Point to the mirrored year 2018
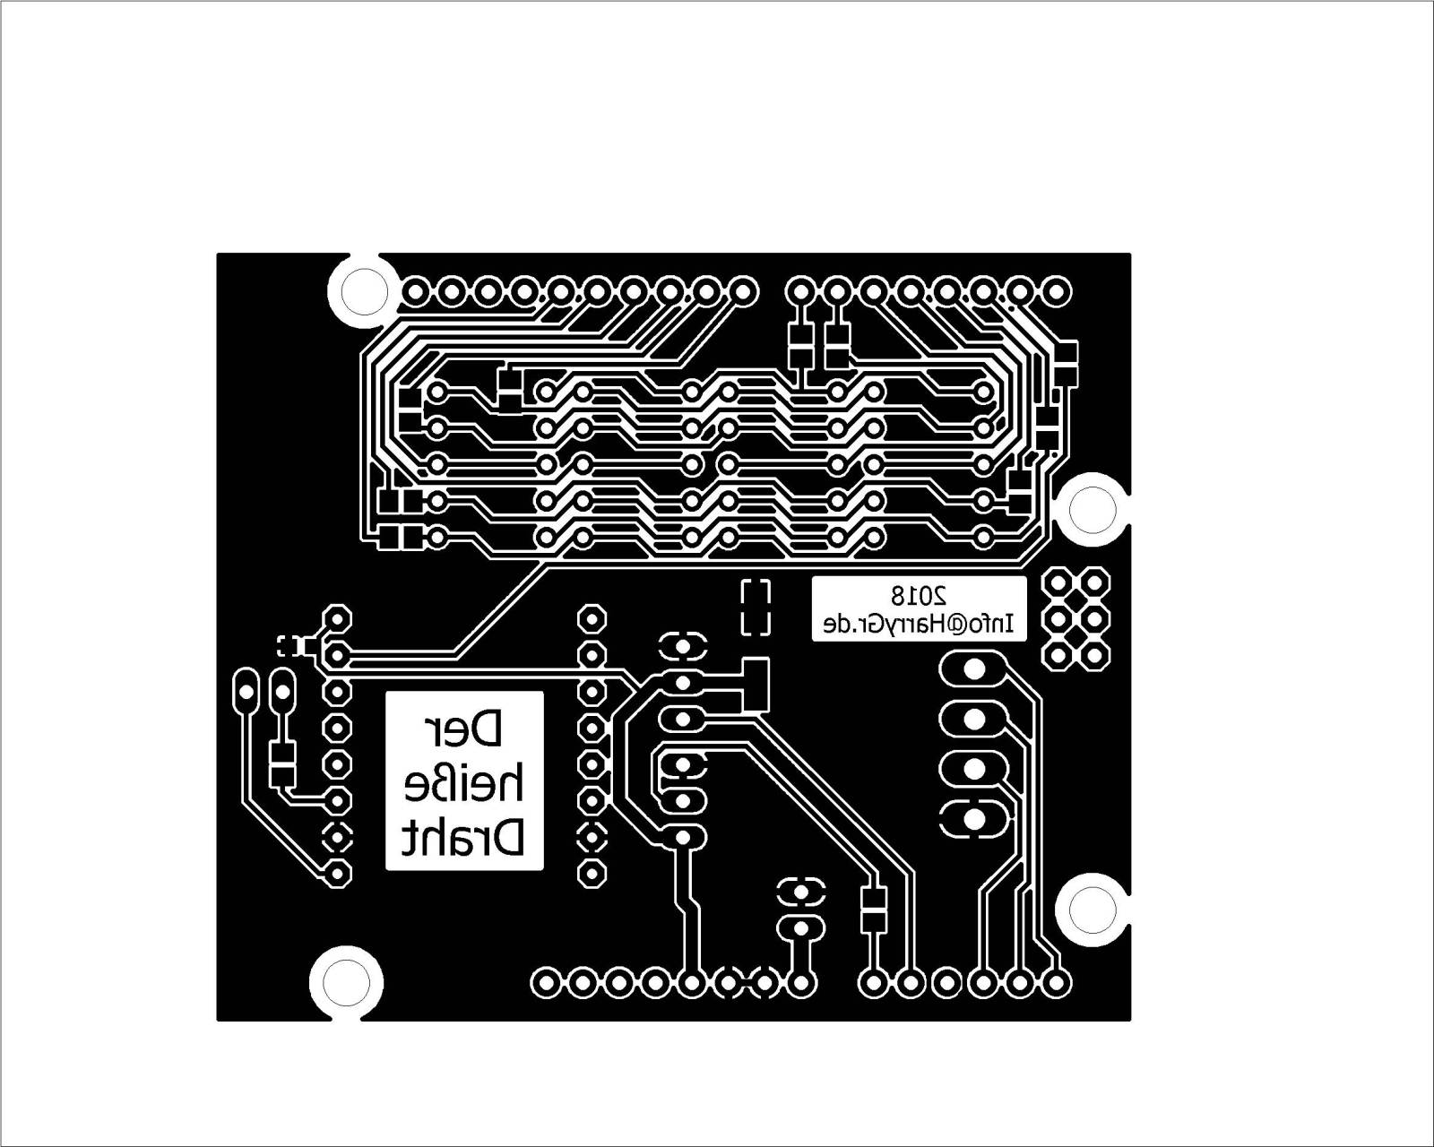click(x=919, y=593)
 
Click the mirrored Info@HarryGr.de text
click(x=919, y=624)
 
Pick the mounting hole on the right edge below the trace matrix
click(x=1093, y=508)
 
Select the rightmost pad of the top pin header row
click(x=1057, y=291)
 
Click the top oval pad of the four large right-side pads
click(x=972, y=668)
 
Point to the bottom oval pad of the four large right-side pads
click(x=972, y=818)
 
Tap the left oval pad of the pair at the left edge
click(x=245, y=690)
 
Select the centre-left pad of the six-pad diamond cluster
click(x=1058, y=618)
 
